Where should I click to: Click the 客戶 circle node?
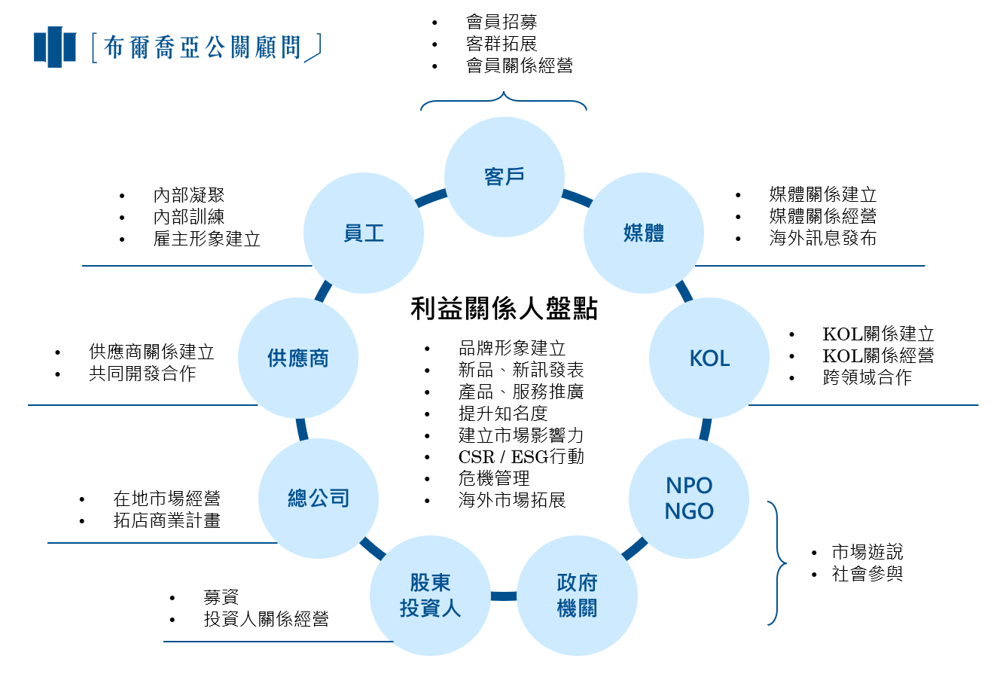tap(504, 176)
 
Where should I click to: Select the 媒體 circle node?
tap(644, 233)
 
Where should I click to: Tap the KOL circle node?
tap(709, 358)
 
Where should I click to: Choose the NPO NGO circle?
tap(689, 498)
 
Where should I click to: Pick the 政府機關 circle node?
tap(578, 595)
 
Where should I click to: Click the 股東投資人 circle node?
tap(430, 595)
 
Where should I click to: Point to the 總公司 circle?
tap(319, 498)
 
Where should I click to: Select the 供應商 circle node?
tap(298, 358)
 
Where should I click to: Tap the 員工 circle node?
tap(364, 233)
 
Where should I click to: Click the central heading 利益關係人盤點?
tap(504, 309)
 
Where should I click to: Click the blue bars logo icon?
tap(55, 47)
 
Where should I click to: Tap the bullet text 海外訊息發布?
tap(822, 239)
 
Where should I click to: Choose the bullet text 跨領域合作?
tap(867, 377)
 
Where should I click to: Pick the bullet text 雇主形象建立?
tap(207, 239)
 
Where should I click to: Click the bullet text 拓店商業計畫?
tap(167, 520)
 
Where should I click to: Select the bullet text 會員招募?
tap(501, 22)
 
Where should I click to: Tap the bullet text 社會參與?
tap(867, 574)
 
